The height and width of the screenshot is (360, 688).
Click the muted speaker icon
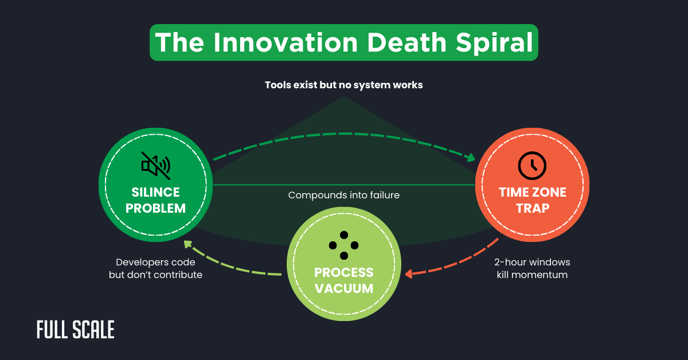point(155,165)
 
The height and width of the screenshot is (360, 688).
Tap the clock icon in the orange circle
point(532,165)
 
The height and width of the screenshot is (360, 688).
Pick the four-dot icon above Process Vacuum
point(343,245)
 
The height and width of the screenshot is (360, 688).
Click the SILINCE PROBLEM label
point(155,200)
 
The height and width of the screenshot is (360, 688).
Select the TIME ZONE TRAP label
point(532,200)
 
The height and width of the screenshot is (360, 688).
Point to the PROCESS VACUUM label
point(343,280)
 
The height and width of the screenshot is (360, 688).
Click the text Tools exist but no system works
point(343,85)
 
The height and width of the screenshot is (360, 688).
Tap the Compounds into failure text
point(343,195)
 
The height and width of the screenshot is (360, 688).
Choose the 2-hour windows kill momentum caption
point(532,268)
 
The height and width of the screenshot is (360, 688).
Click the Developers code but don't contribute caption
point(155,268)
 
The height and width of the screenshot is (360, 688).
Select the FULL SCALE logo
point(75,330)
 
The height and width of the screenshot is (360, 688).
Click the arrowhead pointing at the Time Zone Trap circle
point(471,157)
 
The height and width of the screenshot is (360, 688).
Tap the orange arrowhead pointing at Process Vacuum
point(409,274)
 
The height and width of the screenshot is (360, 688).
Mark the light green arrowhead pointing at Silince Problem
point(187,245)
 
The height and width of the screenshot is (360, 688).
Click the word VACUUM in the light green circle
point(343,288)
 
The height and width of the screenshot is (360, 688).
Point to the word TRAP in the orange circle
point(532,208)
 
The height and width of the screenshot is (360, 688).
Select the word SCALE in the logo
point(95,330)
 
